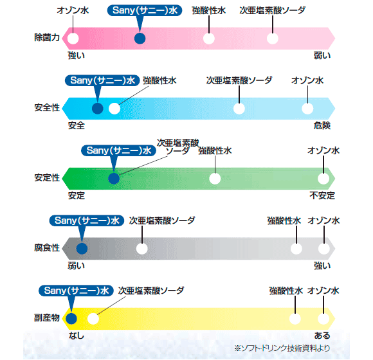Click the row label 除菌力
point(47,37)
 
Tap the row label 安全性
point(47,107)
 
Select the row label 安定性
point(47,177)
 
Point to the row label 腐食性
point(47,248)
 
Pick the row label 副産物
point(47,318)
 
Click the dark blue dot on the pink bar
point(140,39)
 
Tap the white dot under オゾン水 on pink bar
point(73,39)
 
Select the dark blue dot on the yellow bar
point(71,319)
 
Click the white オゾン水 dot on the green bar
point(323,179)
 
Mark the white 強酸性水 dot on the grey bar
point(296,249)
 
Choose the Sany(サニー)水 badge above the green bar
point(119,150)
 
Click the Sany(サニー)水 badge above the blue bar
point(102,80)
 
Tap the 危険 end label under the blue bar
point(322,125)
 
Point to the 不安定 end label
point(322,195)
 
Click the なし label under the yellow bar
point(77,336)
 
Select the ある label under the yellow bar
point(322,336)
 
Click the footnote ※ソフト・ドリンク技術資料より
point(282,348)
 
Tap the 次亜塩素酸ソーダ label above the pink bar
point(273,10)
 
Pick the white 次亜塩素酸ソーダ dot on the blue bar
point(239,109)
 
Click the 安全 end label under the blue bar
point(77,125)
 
